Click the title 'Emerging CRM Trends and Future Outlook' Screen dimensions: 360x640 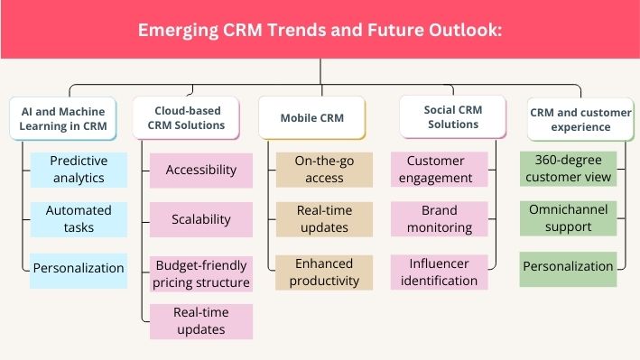pyautogui.click(x=320, y=30)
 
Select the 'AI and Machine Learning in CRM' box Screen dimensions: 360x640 pyautogui.click(x=64, y=118)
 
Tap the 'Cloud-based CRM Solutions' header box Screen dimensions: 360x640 pyautogui.click(x=186, y=118)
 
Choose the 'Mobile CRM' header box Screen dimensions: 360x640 pyautogui.click(x=311, y=118)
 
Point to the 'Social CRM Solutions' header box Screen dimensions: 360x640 pyautogui.click(x=453, y=117)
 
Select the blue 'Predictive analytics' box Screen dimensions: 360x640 pyautogui.click(x=78, y=170)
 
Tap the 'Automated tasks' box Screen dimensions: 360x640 pyautogui.click(x=78, y=219)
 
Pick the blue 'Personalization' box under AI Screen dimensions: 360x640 pyautogui.click(x=78, y=268)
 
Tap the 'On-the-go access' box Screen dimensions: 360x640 pyautogui.click(x=324, y=170)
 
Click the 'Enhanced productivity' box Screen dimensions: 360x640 pyautogui.click(x=324, y=272)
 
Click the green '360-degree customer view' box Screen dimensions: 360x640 pyautogui.click(x=568, y=169)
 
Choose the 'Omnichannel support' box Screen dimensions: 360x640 pyautogui.click(x=568, y=218)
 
